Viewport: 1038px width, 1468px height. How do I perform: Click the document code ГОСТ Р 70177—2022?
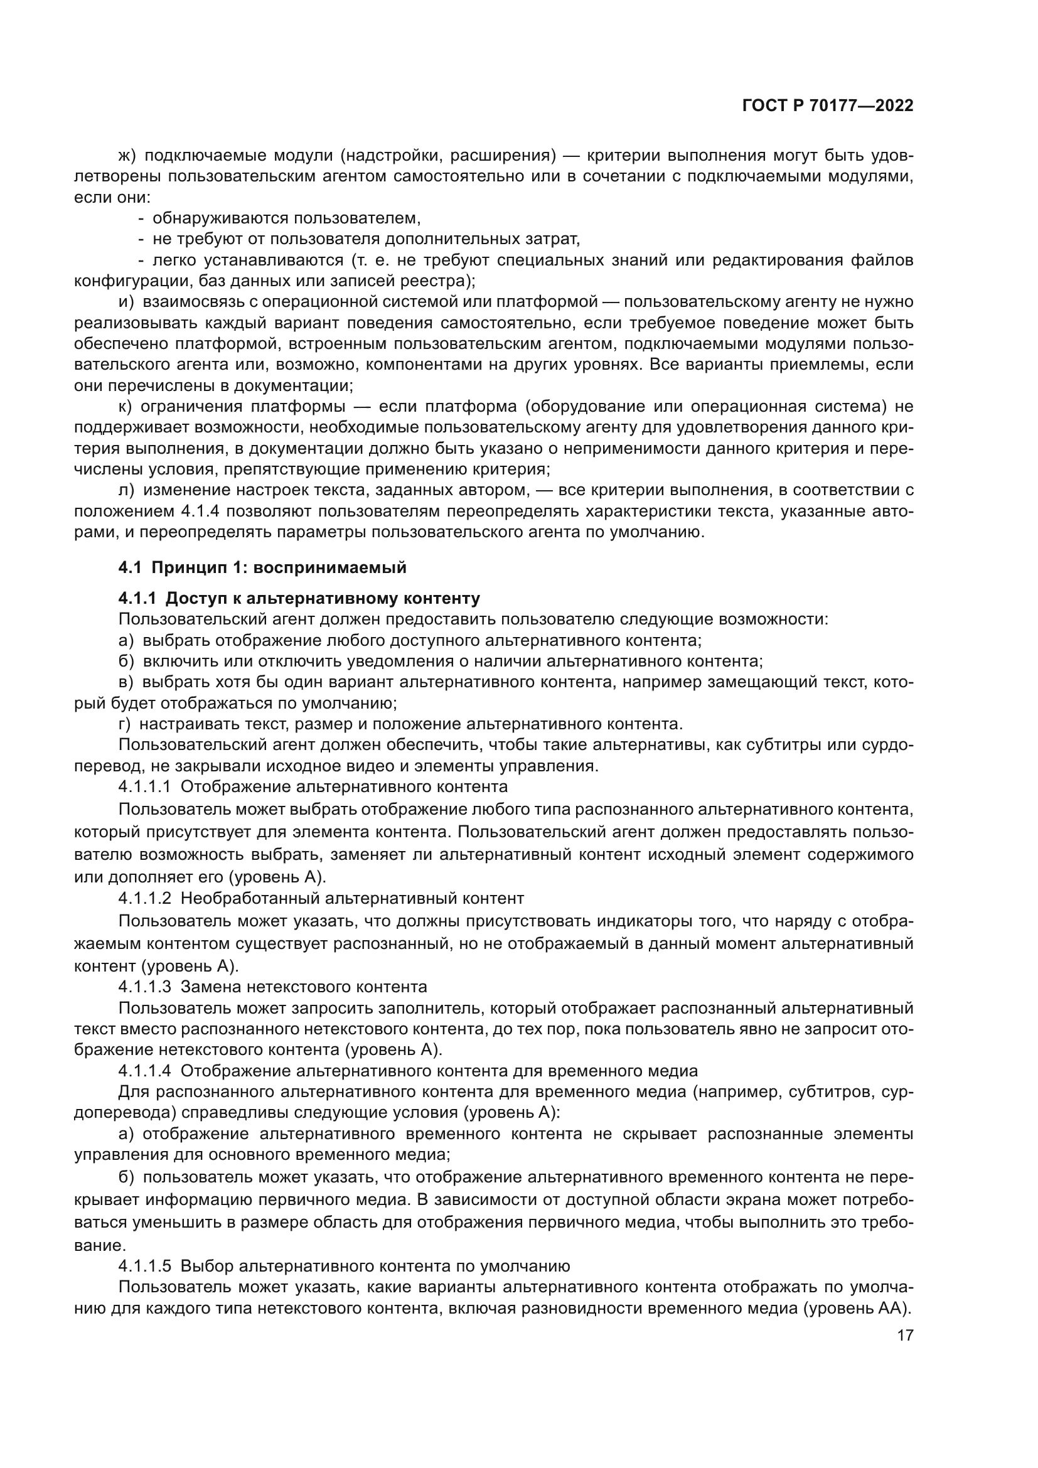tap(828, 106)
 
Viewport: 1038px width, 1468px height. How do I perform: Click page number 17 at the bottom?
tap(905, 1335)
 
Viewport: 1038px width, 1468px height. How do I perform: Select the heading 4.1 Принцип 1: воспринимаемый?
tap(262, 567)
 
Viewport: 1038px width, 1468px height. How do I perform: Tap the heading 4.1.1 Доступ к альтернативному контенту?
tap(299, 599)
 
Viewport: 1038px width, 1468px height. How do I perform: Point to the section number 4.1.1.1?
tap(144, 787)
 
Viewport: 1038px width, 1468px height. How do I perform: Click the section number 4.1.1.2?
tap(144, 898)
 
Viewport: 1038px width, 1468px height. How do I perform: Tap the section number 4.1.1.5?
tap(144, 1266)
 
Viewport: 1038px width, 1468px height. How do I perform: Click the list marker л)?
tap(126, 490)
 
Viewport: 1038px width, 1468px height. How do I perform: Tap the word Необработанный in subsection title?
tap(250, 898)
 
